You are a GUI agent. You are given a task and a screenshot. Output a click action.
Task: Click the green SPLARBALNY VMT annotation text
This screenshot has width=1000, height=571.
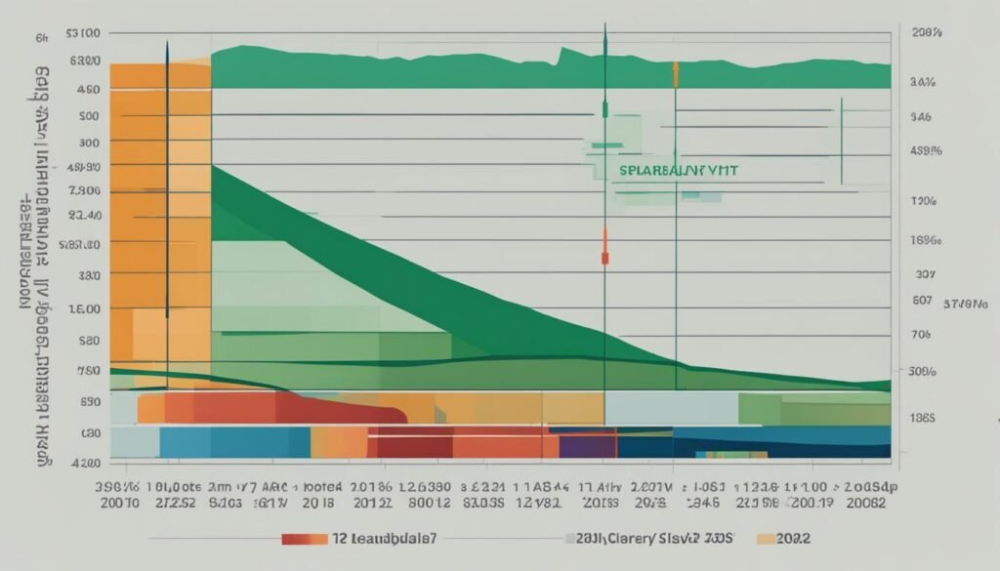678,170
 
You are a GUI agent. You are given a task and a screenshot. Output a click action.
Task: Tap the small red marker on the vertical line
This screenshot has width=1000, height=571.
605,258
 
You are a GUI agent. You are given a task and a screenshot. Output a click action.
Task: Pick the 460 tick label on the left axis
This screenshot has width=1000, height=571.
87,88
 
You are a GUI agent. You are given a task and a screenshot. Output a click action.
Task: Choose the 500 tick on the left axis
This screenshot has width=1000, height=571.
88,116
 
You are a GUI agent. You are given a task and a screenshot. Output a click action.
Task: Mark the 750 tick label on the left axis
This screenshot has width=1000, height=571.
87,371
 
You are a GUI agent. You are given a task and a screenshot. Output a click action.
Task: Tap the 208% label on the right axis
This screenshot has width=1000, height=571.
926,33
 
